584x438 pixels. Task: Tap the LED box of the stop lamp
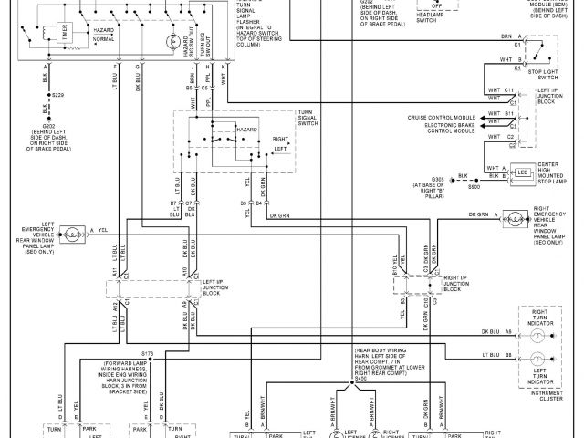[523, 172]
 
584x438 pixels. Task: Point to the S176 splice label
[148, 351]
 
